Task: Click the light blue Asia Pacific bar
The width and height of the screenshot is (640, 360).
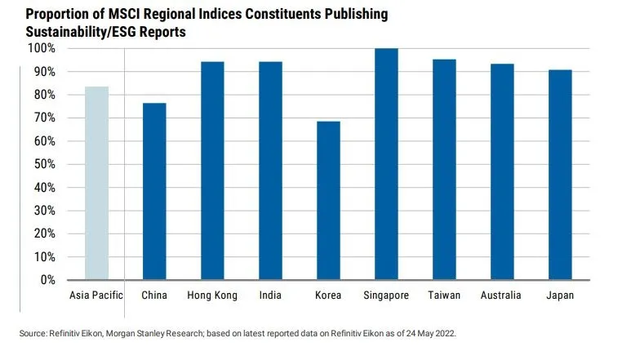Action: (96, 183)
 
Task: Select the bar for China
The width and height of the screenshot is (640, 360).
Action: (154, 191)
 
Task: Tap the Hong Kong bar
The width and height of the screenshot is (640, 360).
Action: (212, 171)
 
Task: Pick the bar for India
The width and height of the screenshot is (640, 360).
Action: (270, 171)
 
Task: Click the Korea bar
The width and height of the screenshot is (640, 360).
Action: (328, 200)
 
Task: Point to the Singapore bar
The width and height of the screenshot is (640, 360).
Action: (386, 164)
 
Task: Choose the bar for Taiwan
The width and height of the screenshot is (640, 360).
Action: (443, 169)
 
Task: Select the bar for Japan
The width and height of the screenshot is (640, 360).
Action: (559, 175)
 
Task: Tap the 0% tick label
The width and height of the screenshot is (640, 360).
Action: (46, 280)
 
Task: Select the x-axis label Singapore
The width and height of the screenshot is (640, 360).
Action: (386, 296)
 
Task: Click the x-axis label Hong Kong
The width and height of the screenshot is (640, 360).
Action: (212, 296)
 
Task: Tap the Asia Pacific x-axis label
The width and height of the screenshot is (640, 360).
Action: (96, 296)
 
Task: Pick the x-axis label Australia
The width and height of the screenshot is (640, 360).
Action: (501, 296)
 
